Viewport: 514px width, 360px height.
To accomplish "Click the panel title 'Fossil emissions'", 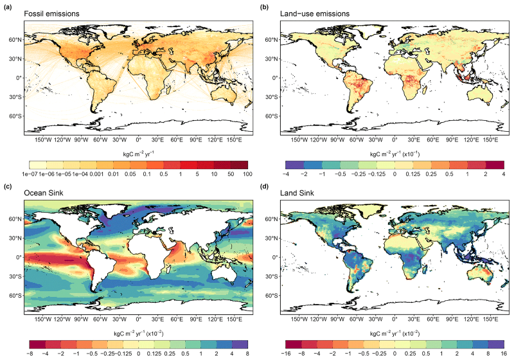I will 50,14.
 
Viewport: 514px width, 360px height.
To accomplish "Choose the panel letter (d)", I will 264,186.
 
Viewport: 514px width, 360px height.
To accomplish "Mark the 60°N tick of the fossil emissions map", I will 15,40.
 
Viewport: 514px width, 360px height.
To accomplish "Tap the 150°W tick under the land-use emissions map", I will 299,139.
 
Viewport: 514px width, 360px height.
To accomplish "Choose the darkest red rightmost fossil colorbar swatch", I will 238,164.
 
